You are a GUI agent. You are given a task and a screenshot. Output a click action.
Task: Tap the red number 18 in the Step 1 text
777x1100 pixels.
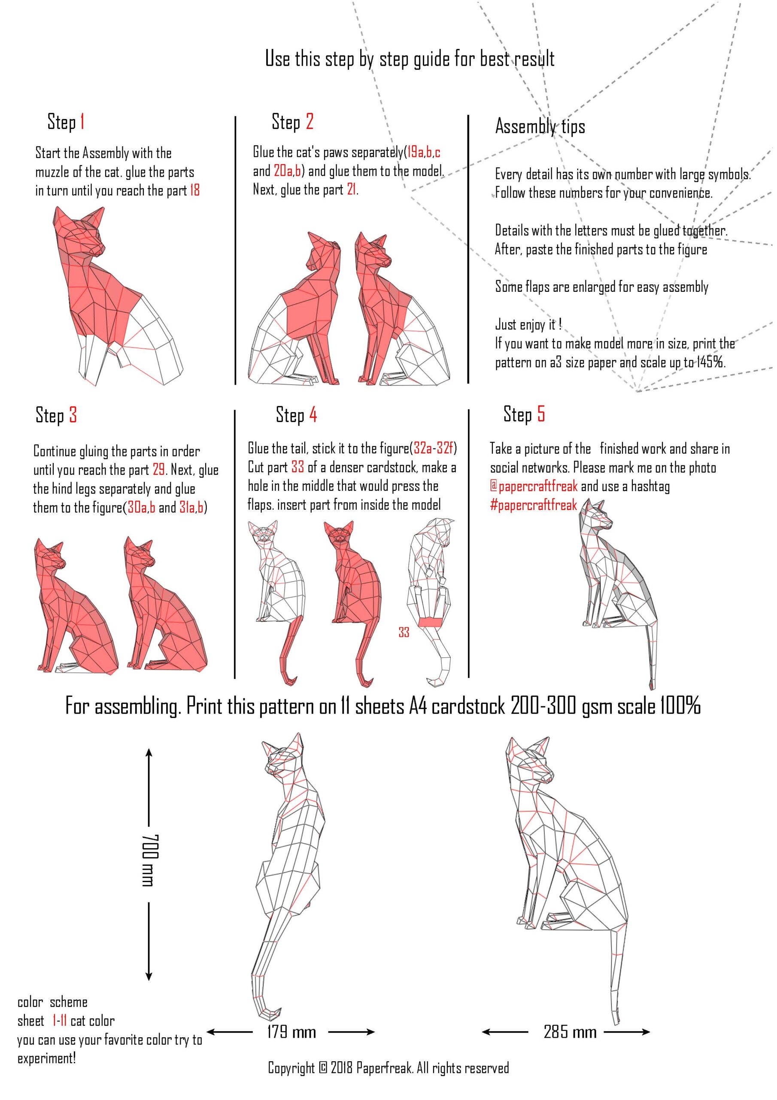pyautogui.click(x=194, y=191)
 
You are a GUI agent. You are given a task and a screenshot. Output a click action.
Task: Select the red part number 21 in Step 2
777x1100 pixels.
pyautogui.click(x=352, y=190)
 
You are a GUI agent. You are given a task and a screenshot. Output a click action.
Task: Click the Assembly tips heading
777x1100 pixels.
pyautogui.click(x=540, y=126)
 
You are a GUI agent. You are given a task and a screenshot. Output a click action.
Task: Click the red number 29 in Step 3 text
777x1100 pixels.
pyautogui.click(x=159, y=470)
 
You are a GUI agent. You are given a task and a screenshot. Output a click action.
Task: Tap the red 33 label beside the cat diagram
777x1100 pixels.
pyautogui.click(x=404, y=632)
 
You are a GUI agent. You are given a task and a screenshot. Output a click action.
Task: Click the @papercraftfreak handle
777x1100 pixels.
pyautogui.click(x=534, y=486)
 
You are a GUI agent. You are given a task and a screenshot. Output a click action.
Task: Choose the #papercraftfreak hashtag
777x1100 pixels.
pyautogui.click(x=533, y=505)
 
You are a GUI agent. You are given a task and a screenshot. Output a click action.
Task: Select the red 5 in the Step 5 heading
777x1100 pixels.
pyautogui.click(x=540, y=414)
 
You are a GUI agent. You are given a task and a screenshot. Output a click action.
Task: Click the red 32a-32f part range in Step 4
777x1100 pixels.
pyautogui.click(x=433, y=449)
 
